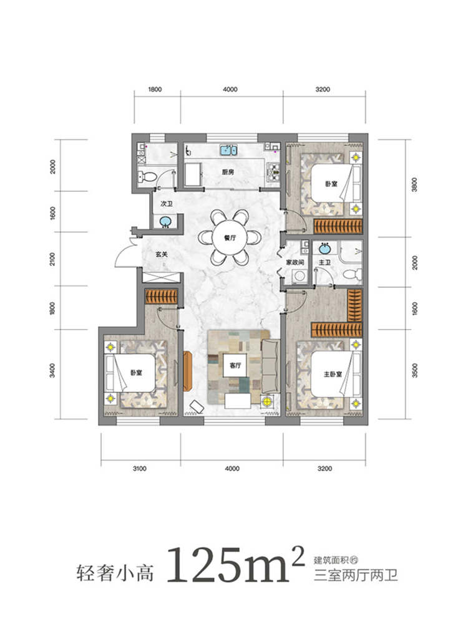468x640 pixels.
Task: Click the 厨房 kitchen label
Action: (228, 172)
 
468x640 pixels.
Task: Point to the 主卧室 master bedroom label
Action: (333, 374)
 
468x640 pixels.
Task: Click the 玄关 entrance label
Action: (162, 254)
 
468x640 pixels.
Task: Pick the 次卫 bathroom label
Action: (167, 203)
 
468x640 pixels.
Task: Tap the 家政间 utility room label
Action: (295, 262)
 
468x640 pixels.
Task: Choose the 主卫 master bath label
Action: (324, 262)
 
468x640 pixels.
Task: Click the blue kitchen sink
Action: (229, 150)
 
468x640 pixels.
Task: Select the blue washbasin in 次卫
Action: (165, 222)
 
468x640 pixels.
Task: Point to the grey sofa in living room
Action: (270, 366)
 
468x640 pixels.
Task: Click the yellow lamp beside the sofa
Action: (267, 401)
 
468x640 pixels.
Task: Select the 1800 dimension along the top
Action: (155, 89)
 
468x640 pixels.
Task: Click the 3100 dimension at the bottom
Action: (139, 469)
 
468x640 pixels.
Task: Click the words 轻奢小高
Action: (115, 572)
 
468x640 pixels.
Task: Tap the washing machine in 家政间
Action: (300, 276)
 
